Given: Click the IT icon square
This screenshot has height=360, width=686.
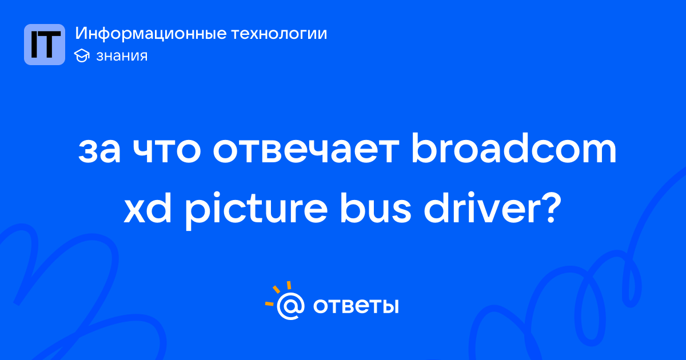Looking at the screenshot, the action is click(x=45, y=45).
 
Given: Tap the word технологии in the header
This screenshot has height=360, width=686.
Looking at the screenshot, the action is click(x=279, y=34).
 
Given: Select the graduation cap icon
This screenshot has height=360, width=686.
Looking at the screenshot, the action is click(x=82, y=55).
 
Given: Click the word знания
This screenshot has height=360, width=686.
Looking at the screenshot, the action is click(x=122, y=56).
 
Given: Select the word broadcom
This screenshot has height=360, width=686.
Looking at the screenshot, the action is click(x=513, y=148).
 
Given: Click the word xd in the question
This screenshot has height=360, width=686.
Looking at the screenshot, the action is click(x=147, y=207).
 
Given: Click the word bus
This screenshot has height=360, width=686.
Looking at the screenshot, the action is click(x=376, y=207).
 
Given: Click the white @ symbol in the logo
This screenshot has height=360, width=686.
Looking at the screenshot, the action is click(x=290, y=306).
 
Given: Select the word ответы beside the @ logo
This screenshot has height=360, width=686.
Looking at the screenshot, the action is click(x=356, y=306).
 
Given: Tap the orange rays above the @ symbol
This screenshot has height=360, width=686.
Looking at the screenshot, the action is click(x=279, y=293).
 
